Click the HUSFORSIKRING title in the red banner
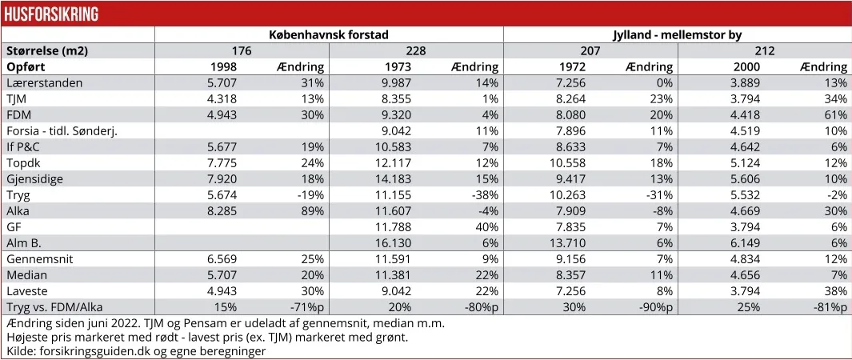(50, 14)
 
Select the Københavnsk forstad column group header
(328, 34)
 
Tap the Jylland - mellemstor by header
(677, 34)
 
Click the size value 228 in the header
(415, 50)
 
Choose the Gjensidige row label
(34, 178)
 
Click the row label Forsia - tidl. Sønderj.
(62, 130)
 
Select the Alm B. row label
(25, 242)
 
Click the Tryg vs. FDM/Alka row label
(54, 307)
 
